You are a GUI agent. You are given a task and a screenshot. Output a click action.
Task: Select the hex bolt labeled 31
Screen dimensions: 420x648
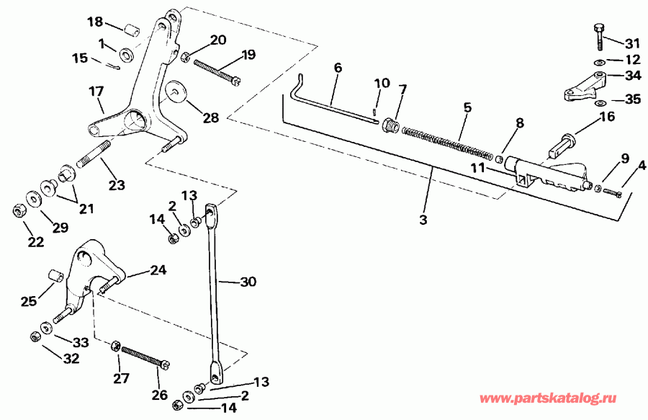[598, 34]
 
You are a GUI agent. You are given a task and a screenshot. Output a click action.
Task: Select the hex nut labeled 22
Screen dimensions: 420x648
[19, 211]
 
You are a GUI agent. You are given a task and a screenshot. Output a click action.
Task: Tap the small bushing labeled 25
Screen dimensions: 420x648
[53, 276]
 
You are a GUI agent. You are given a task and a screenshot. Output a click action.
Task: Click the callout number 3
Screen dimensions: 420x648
[423, 218]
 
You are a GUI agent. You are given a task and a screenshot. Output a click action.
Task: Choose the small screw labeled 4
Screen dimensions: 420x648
[611, 192]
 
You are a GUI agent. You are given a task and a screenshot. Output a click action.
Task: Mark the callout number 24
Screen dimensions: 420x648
[158, 271]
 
